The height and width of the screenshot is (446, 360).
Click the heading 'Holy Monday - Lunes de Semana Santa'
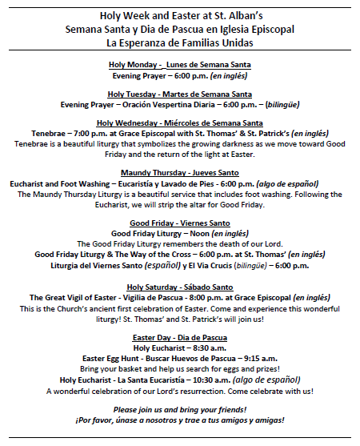(x=180, y=64)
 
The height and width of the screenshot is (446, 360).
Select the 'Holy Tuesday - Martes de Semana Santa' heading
(x=180, y=94)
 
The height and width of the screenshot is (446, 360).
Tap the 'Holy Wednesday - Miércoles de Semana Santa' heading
(x=180, y=123)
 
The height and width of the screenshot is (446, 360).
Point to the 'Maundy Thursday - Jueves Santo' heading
(x=180, y=172)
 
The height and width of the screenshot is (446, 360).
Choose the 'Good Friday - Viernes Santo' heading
(x=180, y=223)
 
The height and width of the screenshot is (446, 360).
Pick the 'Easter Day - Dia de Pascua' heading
(x=180, y=337)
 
